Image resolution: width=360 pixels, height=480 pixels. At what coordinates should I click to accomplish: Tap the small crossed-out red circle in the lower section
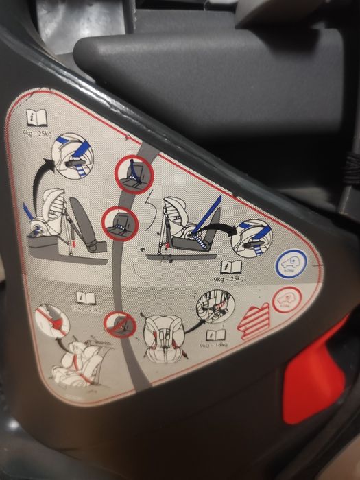tap(121, 324)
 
